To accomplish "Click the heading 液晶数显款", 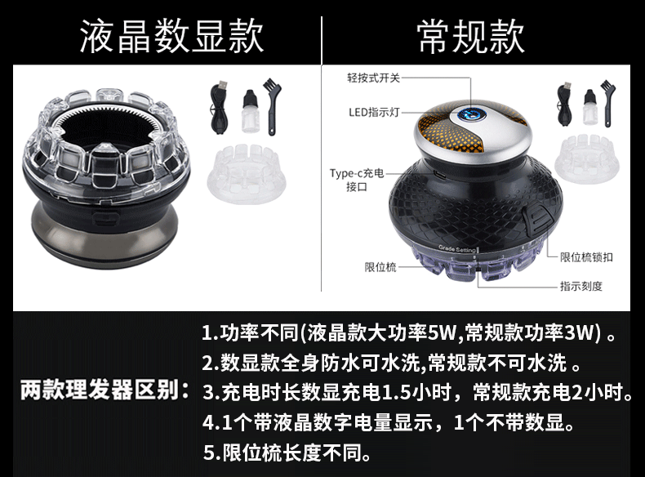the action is [171, 37].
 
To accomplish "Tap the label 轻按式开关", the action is [373, 78].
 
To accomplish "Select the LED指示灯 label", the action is [374, 112].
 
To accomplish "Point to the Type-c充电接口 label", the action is [357, 180].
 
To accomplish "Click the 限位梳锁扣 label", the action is [586, 257].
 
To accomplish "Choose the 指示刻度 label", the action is [580, 286].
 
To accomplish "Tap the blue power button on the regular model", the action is [471, 114].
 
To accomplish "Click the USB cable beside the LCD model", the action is [220, 107].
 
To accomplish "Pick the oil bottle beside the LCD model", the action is [251, 110].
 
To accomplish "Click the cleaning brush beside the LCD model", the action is [274, 107].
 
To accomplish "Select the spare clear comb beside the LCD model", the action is [247, 173].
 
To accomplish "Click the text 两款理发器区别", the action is [100, 390].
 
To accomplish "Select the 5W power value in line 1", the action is [442, 333].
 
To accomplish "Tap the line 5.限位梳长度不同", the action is [287, 453].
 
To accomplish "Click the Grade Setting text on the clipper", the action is [457, 249].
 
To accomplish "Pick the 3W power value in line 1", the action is [578, 333].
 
